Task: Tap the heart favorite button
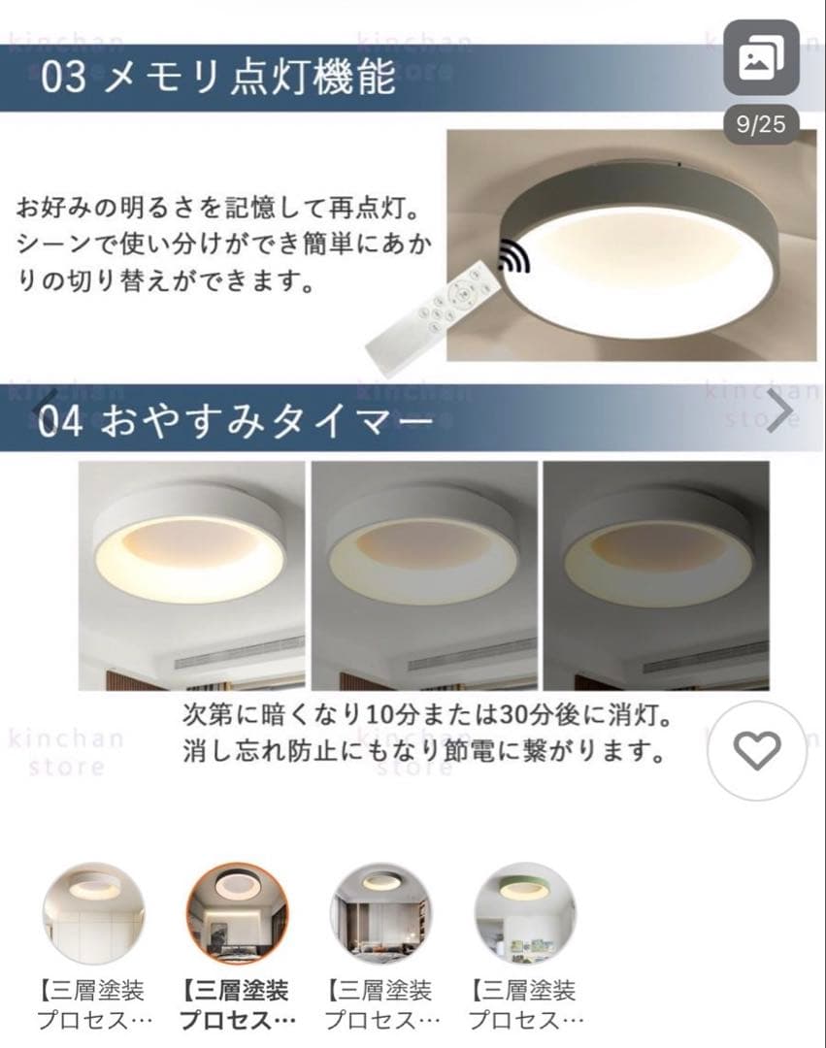pos(756,749)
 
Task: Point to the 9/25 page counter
pos(761,125)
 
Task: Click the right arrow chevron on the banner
pos(778,412)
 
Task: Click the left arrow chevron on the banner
pos(45,410)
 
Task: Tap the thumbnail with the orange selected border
pos(237,912)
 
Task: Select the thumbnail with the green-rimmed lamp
pos(524,912)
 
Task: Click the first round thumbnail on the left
pos(94,912)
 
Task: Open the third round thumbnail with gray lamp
pos(381,912)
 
